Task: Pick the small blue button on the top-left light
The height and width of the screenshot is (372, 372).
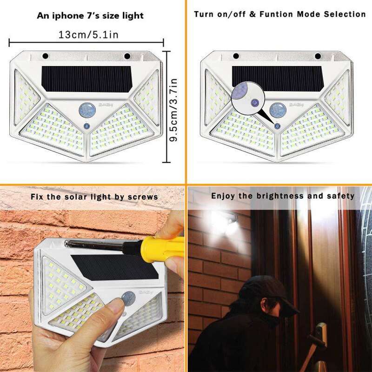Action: point(86,126)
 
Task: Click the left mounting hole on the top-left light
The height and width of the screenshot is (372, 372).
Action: point(46,56)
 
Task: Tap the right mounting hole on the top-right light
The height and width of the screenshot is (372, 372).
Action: point(318,56)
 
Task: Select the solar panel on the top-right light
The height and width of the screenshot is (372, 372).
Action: point(279,78)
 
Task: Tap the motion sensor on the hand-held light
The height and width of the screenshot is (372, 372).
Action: point(128,298)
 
